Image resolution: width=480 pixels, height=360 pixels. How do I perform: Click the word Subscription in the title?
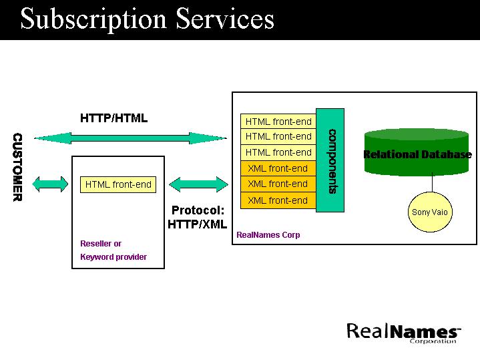(x=90, y=19)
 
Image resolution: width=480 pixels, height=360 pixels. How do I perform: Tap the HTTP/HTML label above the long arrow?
(x=113, y=118)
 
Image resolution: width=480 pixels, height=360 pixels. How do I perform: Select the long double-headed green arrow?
(x=130, y=138)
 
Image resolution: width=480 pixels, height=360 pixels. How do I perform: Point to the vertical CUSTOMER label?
(x=18, y=167)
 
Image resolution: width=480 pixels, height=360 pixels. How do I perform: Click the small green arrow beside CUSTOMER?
(x=50, y=184)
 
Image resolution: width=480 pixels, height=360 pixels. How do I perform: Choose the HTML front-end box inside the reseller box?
(x=118, y=184)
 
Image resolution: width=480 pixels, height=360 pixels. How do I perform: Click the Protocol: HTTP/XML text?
(x=197, y=217)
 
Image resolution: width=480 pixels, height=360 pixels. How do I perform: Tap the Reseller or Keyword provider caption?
(x=113, y=250)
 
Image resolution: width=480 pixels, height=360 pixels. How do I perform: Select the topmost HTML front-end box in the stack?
(x=278, y=122)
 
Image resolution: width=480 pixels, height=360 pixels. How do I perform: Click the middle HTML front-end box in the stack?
(x=278, y=136)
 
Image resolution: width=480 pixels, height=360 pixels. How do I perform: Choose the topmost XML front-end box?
(x=278, y=168)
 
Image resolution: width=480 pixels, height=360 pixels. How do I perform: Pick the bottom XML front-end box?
(x=278, y=200)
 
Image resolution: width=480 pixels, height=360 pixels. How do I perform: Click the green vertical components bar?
(x=330, y=160)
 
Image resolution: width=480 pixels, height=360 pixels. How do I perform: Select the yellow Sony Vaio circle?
(x=430, y=212)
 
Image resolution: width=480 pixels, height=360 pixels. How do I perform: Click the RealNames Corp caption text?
(x=268, y=235)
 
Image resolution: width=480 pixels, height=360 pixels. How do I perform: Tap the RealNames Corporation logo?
(x=403, y=332)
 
